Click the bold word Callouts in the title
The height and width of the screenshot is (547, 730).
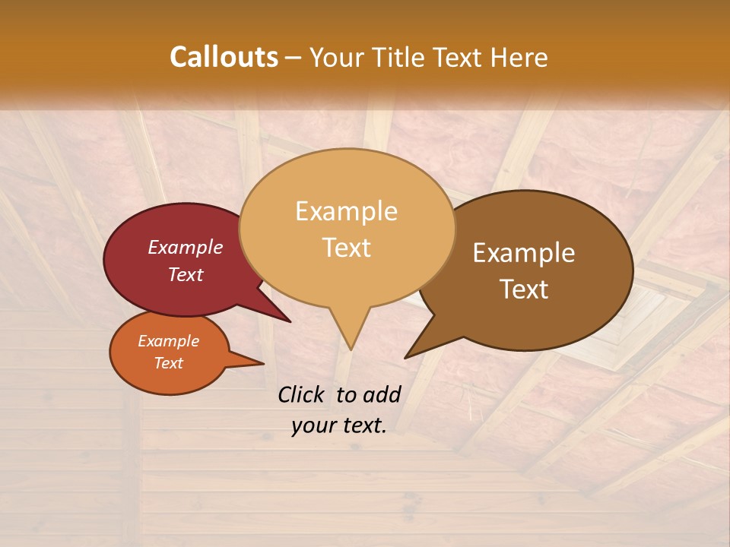pos(224,57)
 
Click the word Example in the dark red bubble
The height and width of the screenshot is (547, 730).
pos(186,247)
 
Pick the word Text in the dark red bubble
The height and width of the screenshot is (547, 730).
pos(186,274)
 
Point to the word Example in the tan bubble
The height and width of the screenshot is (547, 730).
pos(347,211)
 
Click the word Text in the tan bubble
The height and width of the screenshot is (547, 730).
pos(347,248)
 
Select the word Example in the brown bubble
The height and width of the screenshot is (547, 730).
pos(524,253)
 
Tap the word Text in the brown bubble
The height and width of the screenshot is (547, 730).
pos(524,289)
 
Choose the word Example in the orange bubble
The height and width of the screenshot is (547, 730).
pos(169,341)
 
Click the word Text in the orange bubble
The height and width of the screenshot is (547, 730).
pos(169,363)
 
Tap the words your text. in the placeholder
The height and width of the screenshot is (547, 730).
pos(339,425)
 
